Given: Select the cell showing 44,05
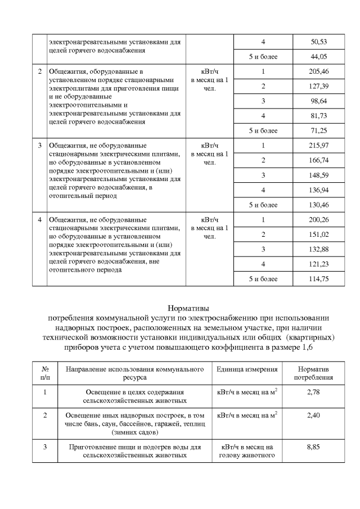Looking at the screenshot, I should tap(319, 56).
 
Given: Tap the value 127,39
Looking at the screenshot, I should tap(319, 86).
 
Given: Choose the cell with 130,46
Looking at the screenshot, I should tap(319, 205).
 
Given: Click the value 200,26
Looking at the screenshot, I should tap(319, 219).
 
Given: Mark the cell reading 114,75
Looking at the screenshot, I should tap(319, 279).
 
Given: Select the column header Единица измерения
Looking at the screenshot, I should tap(247, 370).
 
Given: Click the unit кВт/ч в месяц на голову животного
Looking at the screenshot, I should tap(246, 451).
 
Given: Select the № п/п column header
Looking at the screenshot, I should tap(44, 373).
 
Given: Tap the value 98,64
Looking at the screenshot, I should tap(319, 101).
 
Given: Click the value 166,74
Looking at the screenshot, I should tap(319, 160).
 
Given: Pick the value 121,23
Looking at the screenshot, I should tap(319, 264).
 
